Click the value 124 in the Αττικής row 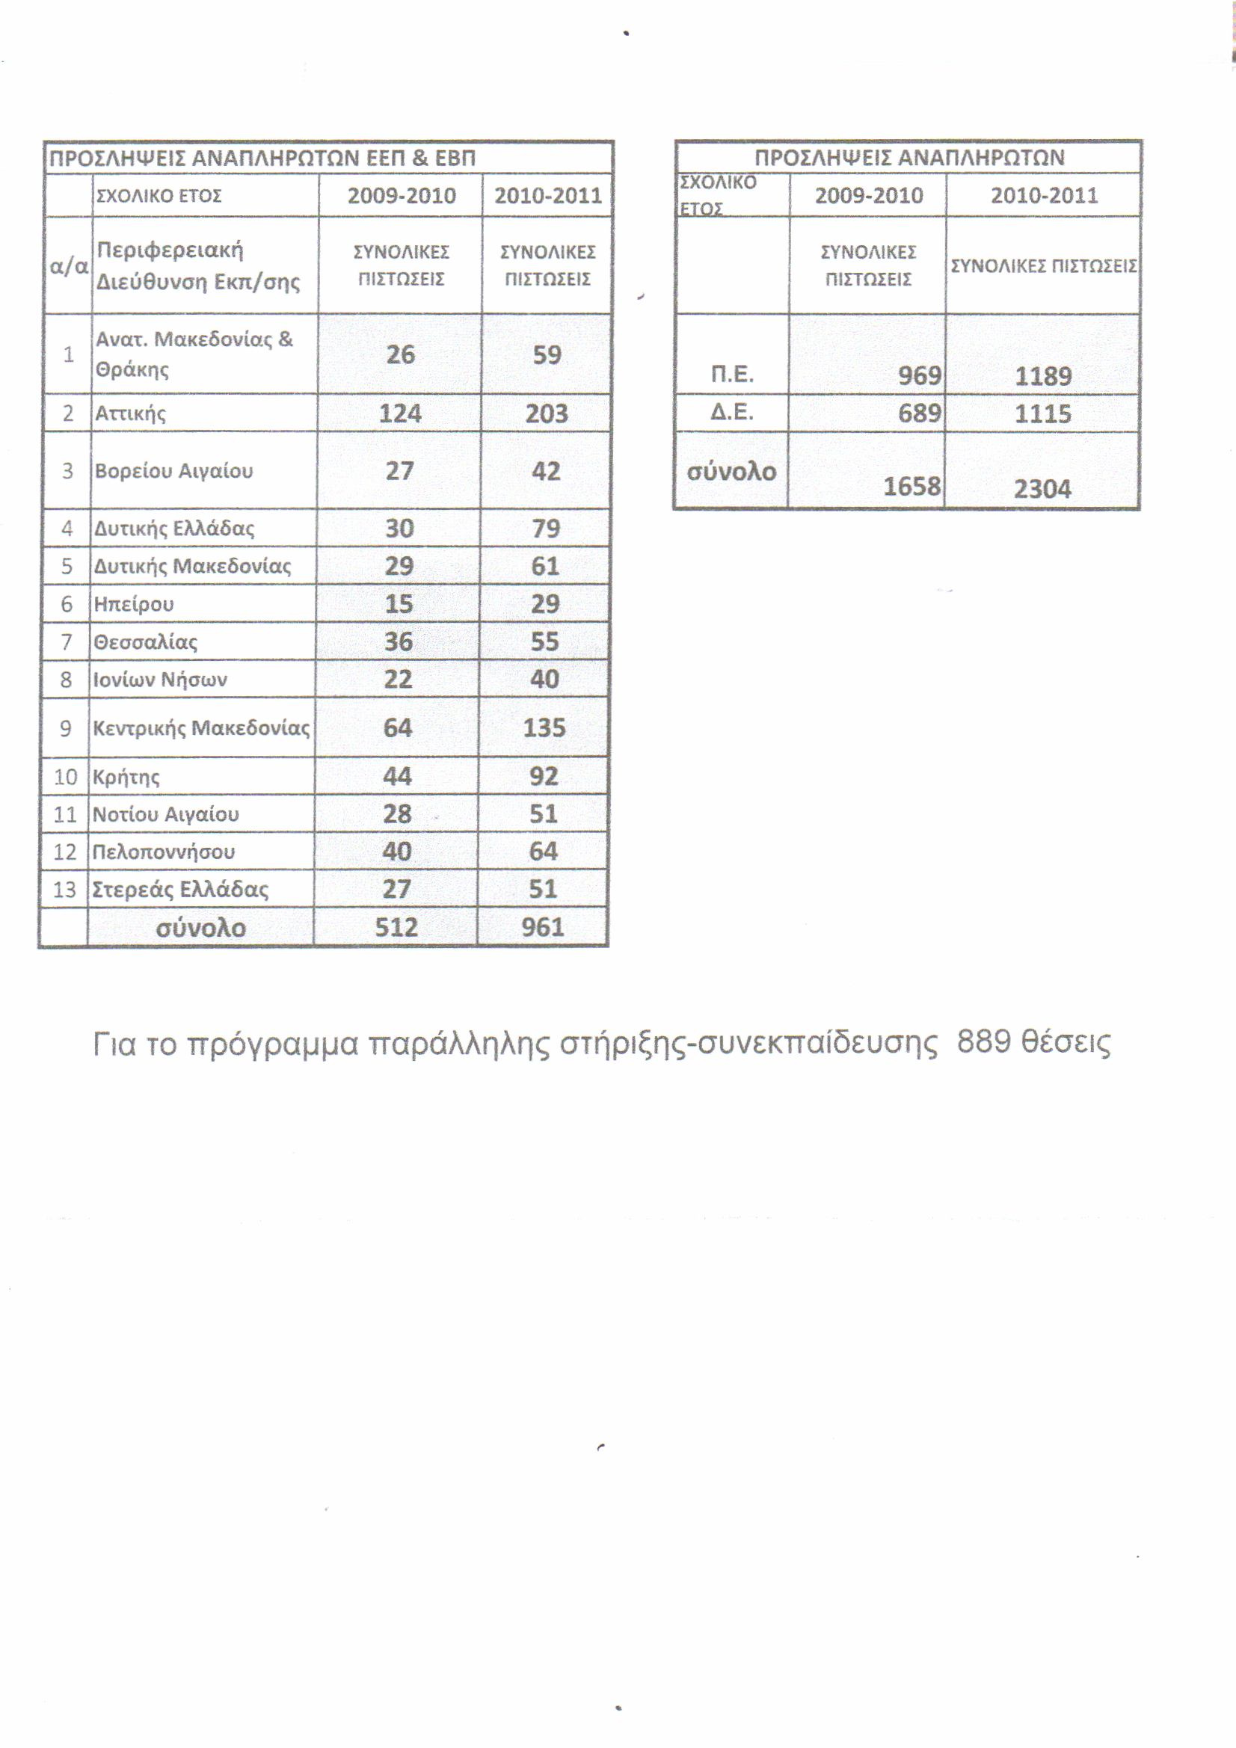400,413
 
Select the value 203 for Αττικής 546,413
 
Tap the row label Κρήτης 126,778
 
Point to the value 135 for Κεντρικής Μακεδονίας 544,727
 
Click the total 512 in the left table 396,927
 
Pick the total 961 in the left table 542,927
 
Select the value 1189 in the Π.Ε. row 1042,376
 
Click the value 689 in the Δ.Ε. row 919,413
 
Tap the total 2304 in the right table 1042,489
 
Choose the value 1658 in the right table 911,487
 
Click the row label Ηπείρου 133,605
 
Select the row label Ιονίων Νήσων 160,679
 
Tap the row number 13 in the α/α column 65,889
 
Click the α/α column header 69,266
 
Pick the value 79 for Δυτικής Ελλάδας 545,529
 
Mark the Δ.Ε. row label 732,413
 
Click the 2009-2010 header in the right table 868,196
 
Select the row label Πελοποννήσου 163,851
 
